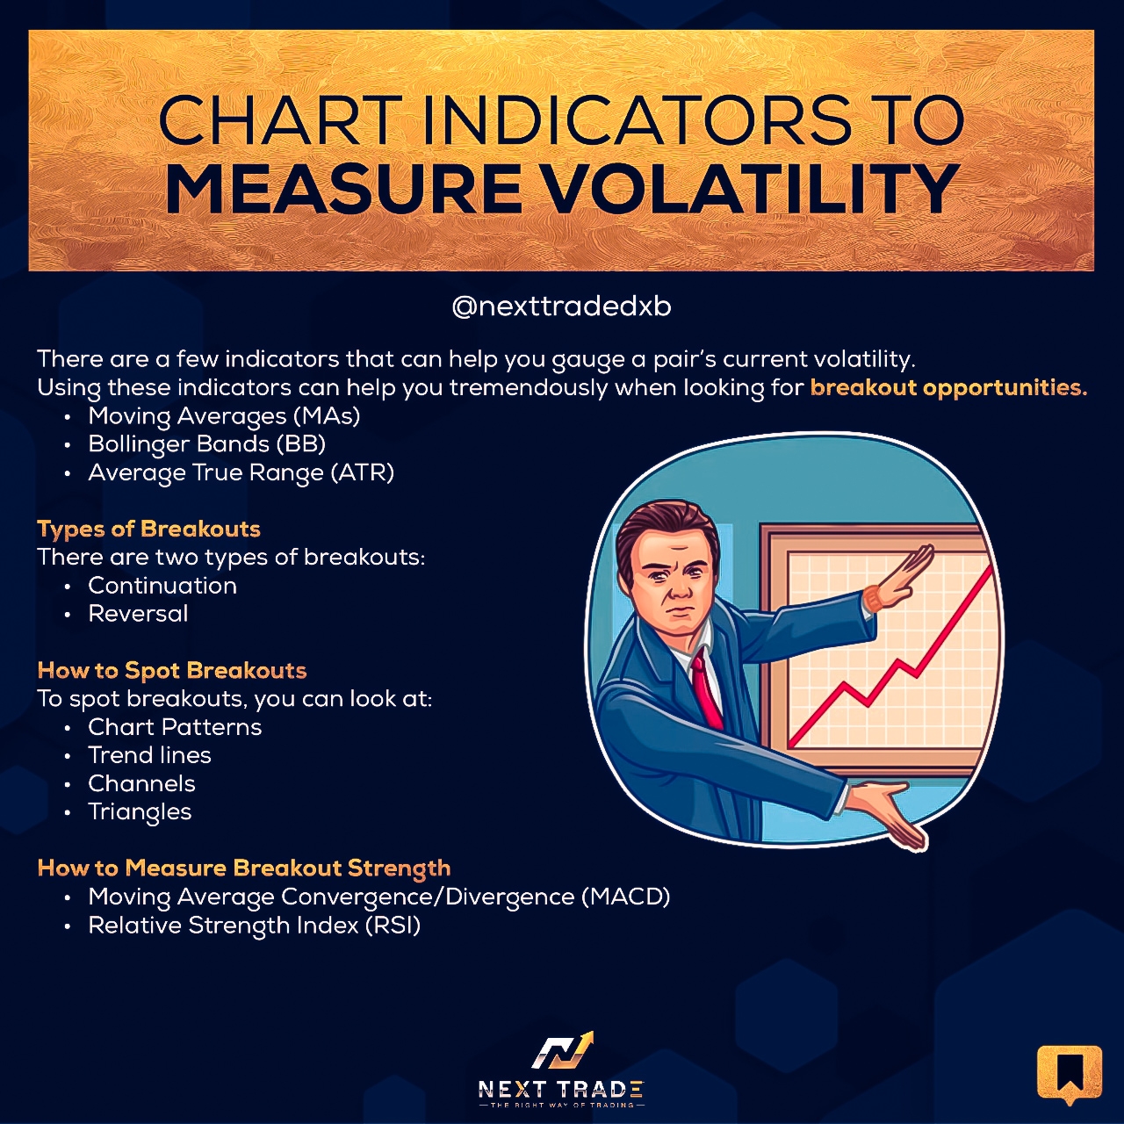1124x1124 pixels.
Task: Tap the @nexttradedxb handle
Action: [561, 306]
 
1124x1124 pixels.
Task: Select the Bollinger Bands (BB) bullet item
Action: [206, 444]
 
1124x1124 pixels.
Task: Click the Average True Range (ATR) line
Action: [241, 472]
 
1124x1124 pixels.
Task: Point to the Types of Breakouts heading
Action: [148, 529]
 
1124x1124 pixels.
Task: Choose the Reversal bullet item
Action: [138, 614]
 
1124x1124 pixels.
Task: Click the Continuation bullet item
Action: [162, 586]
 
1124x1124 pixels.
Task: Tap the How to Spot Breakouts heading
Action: [172, 671]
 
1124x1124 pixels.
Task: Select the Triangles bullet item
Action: [140, 812]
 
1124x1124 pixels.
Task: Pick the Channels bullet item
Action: [141, 783]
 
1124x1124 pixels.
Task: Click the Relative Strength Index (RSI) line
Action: [254, 925]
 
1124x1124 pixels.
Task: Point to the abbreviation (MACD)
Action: [625, 897]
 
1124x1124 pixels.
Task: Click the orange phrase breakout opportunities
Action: [948, 388]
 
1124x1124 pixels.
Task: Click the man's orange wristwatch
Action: [873, 599]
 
